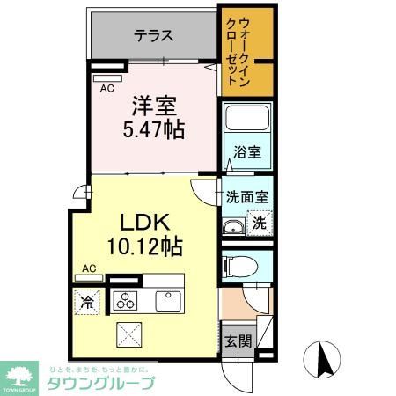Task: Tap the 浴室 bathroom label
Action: click(x=246, y=152)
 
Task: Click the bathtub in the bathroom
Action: click(x=246, y=121)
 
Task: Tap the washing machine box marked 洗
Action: click(x=259, y=224)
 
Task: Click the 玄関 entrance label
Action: click(x=234, y=340)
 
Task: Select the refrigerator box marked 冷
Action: click(x=88, y=301)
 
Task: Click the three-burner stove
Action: click(x=124, y=301)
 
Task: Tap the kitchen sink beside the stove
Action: click(x=167, y=301)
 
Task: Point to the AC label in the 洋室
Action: click(x=106, y=89)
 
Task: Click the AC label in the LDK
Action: click(x=89, y=268)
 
